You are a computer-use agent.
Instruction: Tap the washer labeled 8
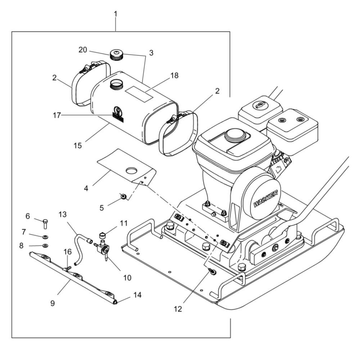tap(46, 246)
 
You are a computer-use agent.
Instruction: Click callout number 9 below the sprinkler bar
tap(53, 303)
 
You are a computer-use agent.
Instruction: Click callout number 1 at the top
tap(116, 15)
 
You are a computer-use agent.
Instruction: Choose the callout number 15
tap(78, 145)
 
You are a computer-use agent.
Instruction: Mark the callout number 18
tap(174, 76)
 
